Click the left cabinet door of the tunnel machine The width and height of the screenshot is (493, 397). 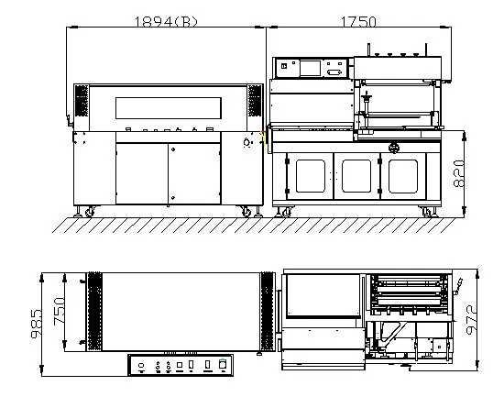(141, 172)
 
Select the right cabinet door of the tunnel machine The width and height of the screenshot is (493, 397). (193, 172)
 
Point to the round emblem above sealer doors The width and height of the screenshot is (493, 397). (395, 147)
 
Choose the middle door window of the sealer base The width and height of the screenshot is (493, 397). (355, 175)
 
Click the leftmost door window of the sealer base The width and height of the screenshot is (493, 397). (309, 175)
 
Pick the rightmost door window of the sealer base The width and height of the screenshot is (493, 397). (402, 175)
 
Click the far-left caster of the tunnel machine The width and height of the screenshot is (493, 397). (89, 213)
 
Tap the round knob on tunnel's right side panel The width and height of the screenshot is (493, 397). (246, 143)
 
